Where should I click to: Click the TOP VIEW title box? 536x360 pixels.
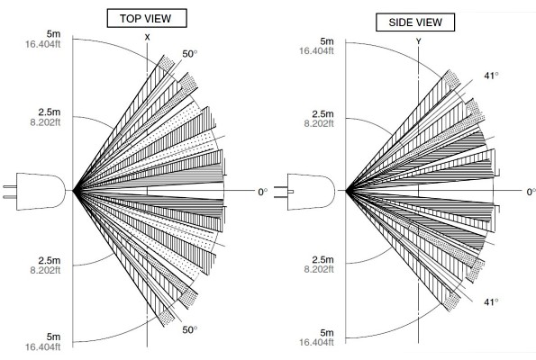147,18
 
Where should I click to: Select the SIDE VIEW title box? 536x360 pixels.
415,22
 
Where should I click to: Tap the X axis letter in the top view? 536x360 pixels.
148,38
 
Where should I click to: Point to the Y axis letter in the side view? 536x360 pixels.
418,41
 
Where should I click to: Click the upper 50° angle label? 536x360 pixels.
190,54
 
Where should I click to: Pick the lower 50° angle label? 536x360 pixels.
190,329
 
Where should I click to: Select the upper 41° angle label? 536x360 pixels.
491,76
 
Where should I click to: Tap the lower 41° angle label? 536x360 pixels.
491,301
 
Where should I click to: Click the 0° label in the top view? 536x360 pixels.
262,192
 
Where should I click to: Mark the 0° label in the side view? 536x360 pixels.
531,192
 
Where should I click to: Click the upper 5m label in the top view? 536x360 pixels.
53,34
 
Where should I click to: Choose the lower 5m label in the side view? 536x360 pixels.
327,332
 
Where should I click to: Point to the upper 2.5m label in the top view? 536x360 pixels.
50,112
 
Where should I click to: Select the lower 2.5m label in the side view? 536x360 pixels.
323,259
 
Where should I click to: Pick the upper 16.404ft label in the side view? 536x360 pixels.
316,51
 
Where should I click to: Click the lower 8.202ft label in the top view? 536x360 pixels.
45,270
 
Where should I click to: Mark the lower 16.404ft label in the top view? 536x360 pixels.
42,347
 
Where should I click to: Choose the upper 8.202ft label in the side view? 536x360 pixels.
319,123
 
